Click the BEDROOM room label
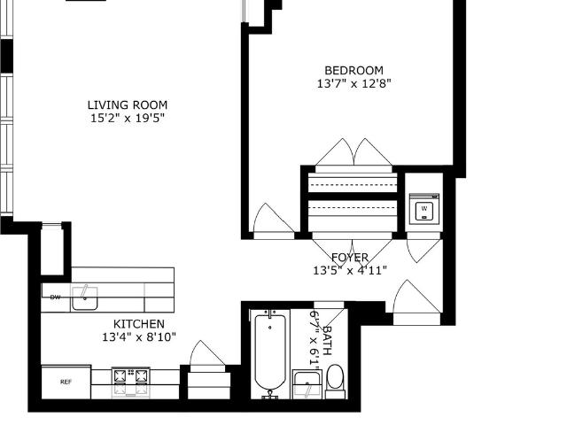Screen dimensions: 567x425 click(353, 70)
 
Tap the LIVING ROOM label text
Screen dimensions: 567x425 click(128, 104)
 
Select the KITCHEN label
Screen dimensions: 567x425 click(139, 323)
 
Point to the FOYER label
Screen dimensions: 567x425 click(350, 258)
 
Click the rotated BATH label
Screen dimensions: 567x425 click(327, 340)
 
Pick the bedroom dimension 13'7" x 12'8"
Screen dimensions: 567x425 click(354, 83)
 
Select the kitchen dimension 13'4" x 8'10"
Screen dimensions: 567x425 click(139, 336)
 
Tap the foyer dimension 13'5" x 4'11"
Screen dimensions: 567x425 click(350, 270)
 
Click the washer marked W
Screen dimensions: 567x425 click(424, 209)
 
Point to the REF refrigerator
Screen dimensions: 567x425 click(66, 382)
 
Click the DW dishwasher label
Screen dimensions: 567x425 click(55, 297)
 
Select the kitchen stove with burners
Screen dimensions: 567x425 click(131, 382)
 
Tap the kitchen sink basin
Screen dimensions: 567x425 click(85, 298)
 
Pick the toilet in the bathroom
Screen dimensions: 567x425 click(336, 381)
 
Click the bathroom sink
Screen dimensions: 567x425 click(307, 383)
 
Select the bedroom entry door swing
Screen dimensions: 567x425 click(274, 219)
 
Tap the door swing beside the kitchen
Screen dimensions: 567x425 click(207, 353)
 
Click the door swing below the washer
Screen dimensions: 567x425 click(424, 250)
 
